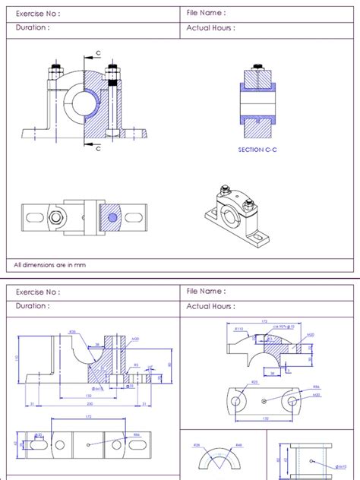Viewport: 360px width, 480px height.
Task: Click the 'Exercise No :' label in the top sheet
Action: (x=38, y=13)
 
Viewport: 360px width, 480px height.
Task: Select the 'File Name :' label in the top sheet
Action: (x=206, y=13)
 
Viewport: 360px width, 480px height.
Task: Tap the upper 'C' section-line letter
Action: (x=98, y=53)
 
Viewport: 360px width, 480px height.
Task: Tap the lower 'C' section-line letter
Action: (x=98, y=149)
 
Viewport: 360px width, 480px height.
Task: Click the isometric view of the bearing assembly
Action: (x=237, y=216)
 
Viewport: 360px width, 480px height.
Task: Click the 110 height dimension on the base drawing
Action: (x=17, y=358)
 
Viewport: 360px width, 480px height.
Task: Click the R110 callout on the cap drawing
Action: (x=238, y=329)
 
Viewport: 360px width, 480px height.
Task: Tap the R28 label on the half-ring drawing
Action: (x=196, y=444)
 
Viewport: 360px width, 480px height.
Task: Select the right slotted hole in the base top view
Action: (x=123, y=444)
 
